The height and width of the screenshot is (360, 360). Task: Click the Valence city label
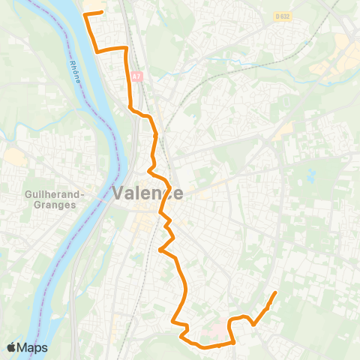(x=148, y=193)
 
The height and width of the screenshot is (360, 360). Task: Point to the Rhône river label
(x=73, y=52)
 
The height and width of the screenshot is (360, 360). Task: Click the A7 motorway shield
(x=136, y=76)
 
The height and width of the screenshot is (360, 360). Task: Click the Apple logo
(x=11, y=348)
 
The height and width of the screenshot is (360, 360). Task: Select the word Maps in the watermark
(x=33, y=348)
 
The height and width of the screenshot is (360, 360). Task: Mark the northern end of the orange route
(x=101, y=13)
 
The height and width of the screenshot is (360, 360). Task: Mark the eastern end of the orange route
(x=276, y=292)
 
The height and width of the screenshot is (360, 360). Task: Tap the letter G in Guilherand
(x=28, y=193)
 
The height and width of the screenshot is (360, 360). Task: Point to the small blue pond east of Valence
(x=310, y=177)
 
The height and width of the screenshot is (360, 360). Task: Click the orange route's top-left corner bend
(x=85, y=15)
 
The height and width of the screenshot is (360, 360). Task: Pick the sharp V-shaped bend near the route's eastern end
(x=253, y=325)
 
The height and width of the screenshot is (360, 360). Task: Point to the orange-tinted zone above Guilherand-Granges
(x=15, y=158)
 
